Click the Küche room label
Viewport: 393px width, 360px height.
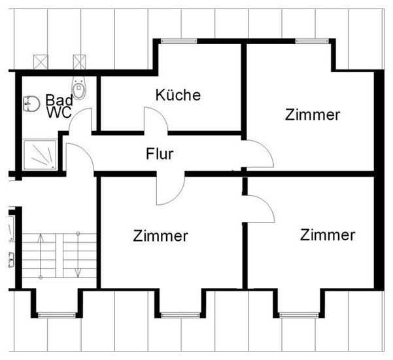[x=178, y=95]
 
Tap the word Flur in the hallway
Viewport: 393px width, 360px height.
[x=160, y=154]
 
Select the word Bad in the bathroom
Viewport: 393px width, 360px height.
[x=59, y=100]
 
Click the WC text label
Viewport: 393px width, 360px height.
[x=59, y=112]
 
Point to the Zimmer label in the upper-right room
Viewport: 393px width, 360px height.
[x=313, y=115]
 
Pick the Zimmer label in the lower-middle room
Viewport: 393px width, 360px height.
[x=160, y=236]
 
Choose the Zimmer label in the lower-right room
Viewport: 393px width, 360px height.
[x=328, y=235]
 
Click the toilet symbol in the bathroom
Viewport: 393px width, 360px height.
[x=78, y=88]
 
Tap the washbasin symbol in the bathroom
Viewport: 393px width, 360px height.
[x=31, y=103]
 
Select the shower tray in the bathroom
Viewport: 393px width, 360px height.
[x=40, y=154]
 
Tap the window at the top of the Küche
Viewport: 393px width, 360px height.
[x=179, y=41]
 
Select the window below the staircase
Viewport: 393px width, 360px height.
[x=56, y=315]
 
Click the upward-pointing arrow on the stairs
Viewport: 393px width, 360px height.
[x=41, y=256]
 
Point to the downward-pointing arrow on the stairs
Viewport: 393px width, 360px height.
[x=78, y=255]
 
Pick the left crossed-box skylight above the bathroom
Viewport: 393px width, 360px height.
[x=41, y=62]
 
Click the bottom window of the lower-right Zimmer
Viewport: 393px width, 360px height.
[x=299, y=315]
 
